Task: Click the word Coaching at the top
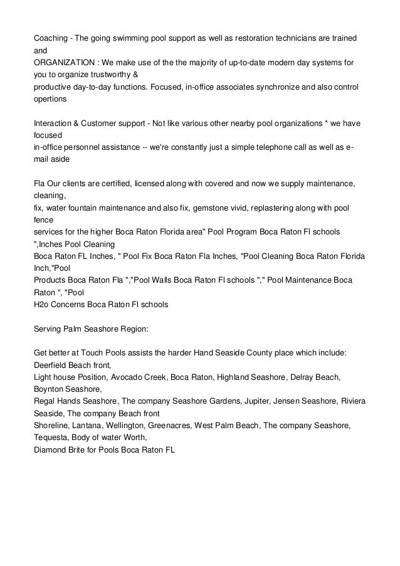pos(51,39)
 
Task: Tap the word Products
pos(50,280)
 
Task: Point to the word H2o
pos(41,305)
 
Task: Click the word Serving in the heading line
pos(48,328)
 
